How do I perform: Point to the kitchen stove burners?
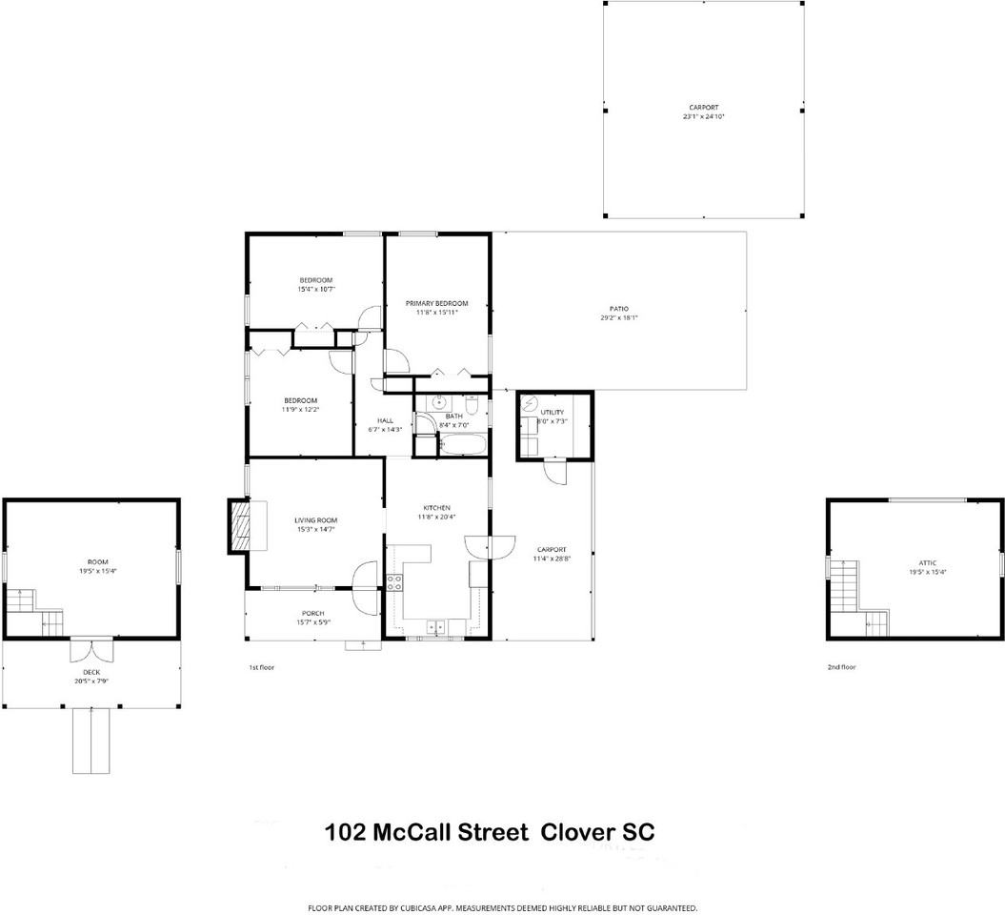(394, 582)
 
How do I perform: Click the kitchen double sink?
(437, 625)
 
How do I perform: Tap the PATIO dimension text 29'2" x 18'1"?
(618, 318)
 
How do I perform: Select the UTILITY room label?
(552, 412)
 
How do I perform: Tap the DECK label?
(91, 672)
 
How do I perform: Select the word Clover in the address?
(578, 831)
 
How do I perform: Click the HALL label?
(385, 420)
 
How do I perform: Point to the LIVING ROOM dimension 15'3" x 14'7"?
(315, 529)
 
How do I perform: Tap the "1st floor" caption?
(261, 667)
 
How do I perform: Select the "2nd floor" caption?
(841, 667)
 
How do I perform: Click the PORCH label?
(312, 613)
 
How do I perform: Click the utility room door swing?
(555, 472)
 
